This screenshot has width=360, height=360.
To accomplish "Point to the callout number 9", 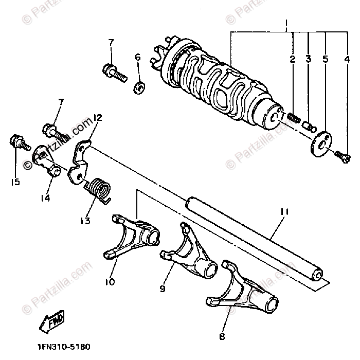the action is pyautogui.click(x=162, y=290).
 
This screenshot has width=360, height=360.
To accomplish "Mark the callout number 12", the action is pyautogui.click(x=98, y=118).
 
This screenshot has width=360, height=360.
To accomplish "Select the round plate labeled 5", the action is pyautogui.click(x=322, y=141).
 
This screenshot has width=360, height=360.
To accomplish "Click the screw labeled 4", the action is pyautogui.click(x=343, y=156).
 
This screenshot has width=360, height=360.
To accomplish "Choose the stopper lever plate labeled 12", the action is pyautogui.click(x=78, y=162).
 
